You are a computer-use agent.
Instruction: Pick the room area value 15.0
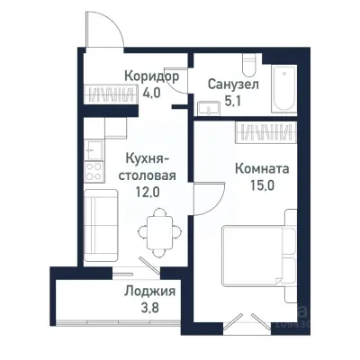(260, 184)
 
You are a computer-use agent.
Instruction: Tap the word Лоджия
(149, 292)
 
